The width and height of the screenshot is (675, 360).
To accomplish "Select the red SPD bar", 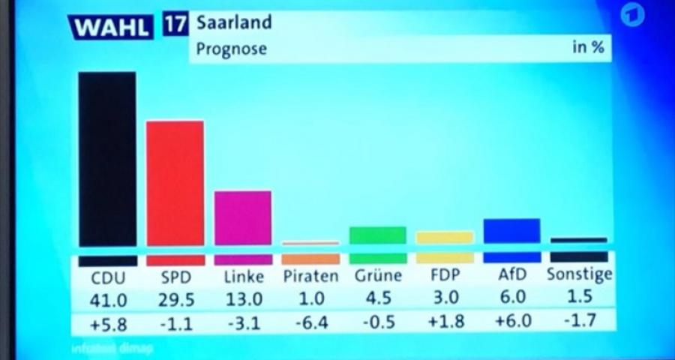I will pos(175,183).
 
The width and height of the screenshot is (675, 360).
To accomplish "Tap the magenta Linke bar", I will pos(243,217).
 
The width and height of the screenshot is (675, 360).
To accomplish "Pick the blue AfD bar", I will pos(511,230).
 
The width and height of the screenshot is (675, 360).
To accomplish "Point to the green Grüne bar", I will pos(378,235).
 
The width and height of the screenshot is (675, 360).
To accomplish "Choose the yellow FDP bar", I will pos(445,237).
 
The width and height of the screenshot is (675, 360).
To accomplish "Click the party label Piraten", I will pos(310,275).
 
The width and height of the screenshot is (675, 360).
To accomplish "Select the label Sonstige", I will pos(579,274).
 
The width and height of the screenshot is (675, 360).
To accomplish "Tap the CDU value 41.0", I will pos(109,300).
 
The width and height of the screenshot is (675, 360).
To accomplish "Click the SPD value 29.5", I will pos(177,300).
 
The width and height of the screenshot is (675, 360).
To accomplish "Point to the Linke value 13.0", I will pos(244,299).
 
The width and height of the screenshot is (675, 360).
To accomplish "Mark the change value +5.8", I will pos(108,323).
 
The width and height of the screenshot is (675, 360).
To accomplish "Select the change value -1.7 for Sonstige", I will pos(578,322).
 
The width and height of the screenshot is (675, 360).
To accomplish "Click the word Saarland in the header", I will pos(233,22).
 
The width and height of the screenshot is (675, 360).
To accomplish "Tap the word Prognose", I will pos(231,50).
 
